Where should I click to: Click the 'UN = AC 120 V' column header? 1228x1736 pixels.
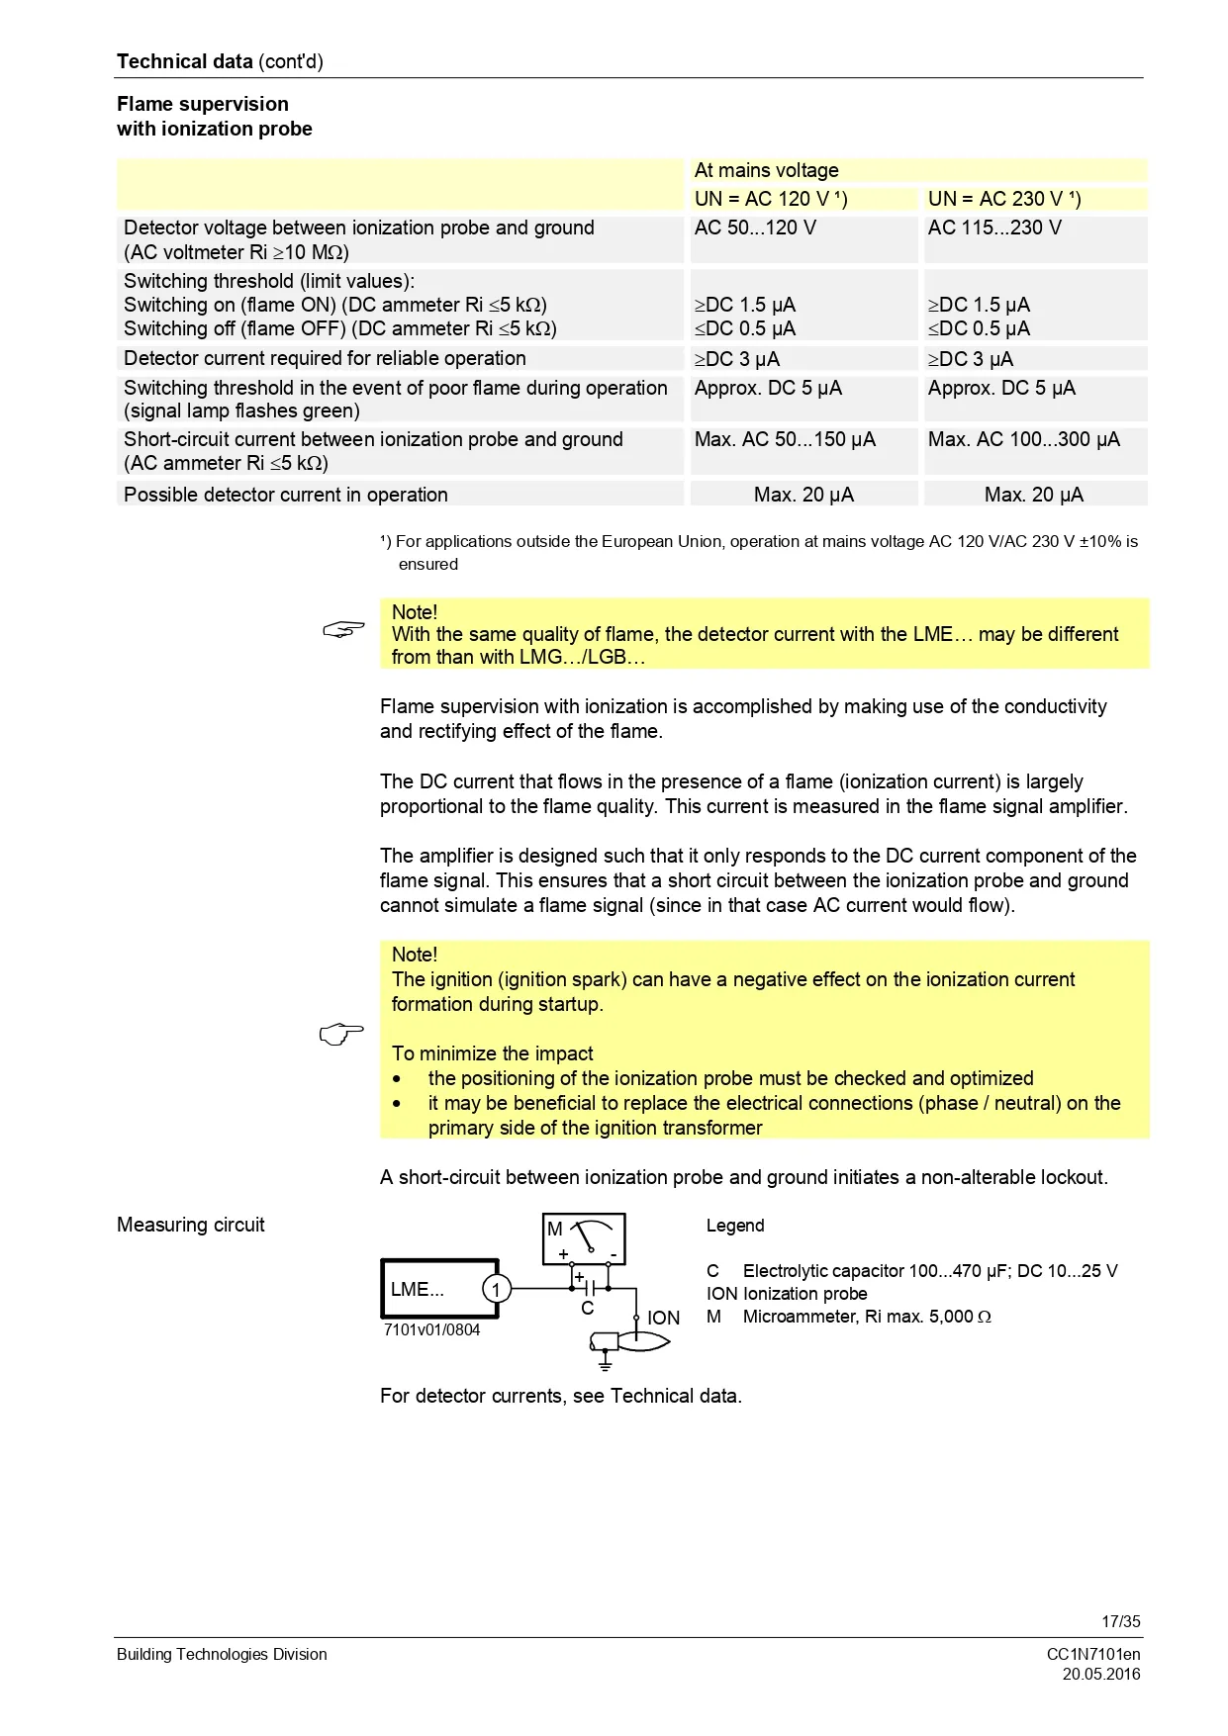[770, 199]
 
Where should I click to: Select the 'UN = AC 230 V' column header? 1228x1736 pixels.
[1003, 199]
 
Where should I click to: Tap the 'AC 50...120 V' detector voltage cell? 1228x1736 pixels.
[755, 228]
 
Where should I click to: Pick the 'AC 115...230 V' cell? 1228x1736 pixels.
[993, 228]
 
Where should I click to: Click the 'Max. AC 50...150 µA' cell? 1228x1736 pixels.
[785, 439]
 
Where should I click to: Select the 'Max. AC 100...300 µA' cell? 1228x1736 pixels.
[1023, 439]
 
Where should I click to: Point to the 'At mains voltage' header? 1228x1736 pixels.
[766, 170]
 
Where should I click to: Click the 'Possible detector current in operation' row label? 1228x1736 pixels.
[286, 495]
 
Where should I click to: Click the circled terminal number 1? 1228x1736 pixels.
[496, 1289]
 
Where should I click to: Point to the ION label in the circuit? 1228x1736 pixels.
[663, 1318]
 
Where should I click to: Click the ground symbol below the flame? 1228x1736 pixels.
[605, 1364]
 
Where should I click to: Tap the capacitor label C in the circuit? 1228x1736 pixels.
[587, 1309]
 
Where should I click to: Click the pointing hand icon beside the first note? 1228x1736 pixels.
[343, 629]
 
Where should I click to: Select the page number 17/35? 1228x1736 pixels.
[1120, 1621]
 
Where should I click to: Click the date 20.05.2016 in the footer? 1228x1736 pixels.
[1100, 1674]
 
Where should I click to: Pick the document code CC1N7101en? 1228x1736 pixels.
[1092, 1654]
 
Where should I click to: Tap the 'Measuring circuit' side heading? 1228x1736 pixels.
[191, 1225]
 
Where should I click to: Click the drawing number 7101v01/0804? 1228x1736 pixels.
[431, 1329]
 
